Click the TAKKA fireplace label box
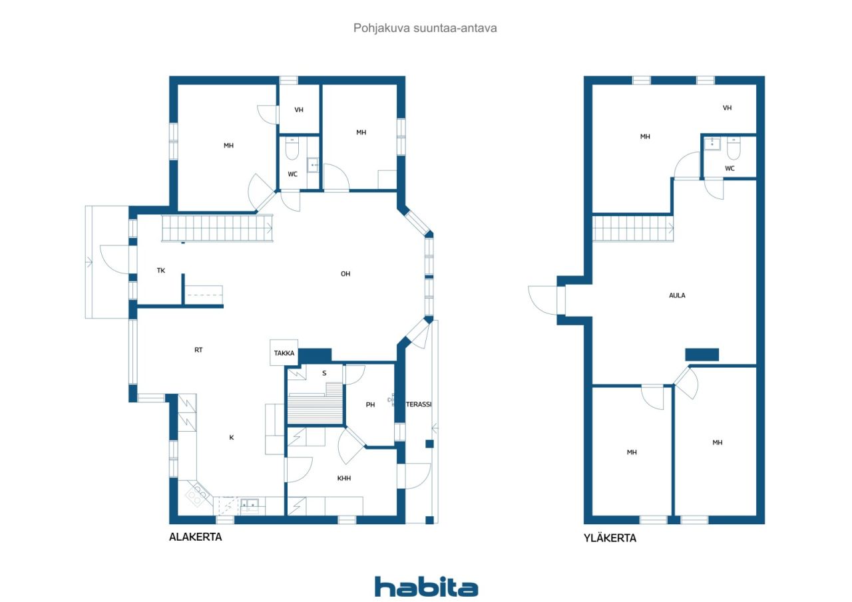click(284, 353)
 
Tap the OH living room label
click(345, 273)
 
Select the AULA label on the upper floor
click(677, 295)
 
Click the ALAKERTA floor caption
click(195, 537)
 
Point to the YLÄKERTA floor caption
click(609, 538)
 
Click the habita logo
click(426, 587)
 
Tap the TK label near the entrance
click(161, 271)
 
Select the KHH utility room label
click(343, 478)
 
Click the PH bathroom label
click(371, 404)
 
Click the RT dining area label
click(198, 350)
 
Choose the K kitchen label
click(232, 437)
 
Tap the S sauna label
click(324, 373)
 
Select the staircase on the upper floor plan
click(632, 228)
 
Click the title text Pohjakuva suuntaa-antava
click(425, 28)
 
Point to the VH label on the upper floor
click(727, 108)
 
